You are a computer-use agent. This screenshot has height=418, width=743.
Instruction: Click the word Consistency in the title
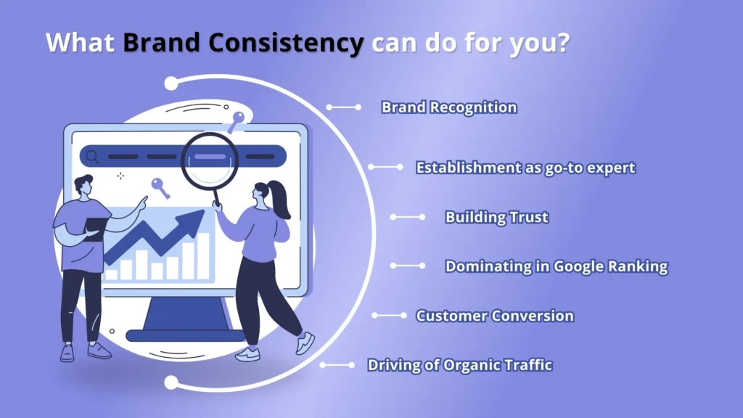[x=293, y=44]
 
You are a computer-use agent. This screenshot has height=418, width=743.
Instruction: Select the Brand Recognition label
[x=449, y=107]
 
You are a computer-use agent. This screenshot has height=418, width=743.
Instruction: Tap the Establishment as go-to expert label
[x=525, y=168]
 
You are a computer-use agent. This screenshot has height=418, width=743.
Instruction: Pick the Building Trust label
[x=496, y=217]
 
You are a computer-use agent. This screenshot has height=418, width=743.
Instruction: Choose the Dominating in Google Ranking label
[x=556, y=266]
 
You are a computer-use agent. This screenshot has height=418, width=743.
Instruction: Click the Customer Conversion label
[x=494, y=316]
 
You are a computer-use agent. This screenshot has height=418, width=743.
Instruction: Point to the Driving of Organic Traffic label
[x=460, y=364]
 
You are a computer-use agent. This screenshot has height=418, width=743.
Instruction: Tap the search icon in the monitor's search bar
[x=92, y=156]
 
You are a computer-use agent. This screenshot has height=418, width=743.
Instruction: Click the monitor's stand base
[x=186, y=335]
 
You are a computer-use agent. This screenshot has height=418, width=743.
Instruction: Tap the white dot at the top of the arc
[x=171, y=83]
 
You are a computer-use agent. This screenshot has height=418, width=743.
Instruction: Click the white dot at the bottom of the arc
[x=171, y=382]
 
